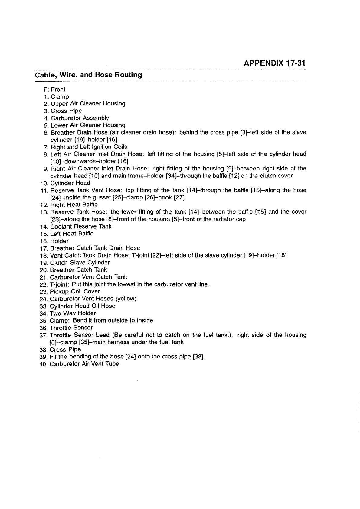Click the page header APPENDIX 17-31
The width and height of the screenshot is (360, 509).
[274, 63]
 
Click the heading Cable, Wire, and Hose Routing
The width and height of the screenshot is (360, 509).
[88, 75]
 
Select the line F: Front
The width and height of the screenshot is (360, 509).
[54, 89]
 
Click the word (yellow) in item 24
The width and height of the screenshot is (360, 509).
[126, 299]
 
